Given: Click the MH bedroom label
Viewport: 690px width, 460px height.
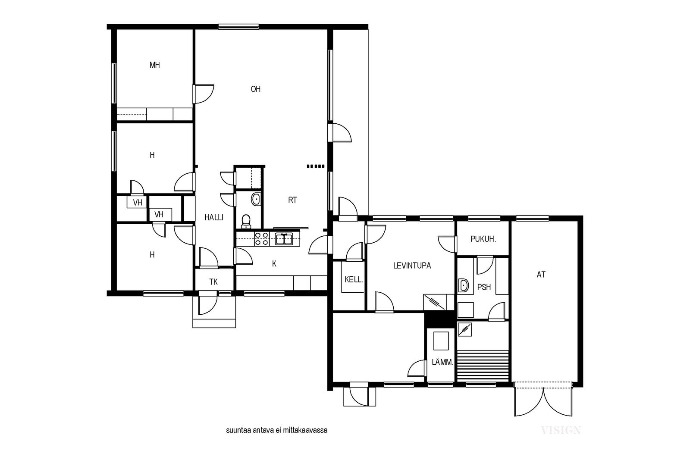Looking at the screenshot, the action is pyautogui.click(x=155, y=65).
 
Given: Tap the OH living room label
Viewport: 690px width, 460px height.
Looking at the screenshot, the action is pyautogui.click(x=255, y=89).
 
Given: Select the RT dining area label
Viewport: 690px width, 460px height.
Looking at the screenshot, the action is pyautogui.click(x=292, y=200).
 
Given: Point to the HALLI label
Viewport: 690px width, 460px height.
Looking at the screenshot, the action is pyautogui.click(x=214, y=217).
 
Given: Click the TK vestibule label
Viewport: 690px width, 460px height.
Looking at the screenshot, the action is pyautogui.click(x=213, y=282).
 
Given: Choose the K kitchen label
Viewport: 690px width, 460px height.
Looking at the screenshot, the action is pyautogui.click(x=274, y=263).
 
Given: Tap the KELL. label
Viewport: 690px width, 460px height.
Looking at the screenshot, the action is pyautogui.click(x=354, y=279).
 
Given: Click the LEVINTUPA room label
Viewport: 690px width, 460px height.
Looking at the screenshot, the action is pyautogui.click(x=412, y=266).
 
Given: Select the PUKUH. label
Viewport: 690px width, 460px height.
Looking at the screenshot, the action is pyautogui.click(x=483, y=239).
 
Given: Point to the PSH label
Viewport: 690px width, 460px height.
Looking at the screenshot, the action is pyautogui.click(x=484, y=287).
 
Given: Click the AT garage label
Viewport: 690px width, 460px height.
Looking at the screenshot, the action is pyautogui.click(x=541, y=274).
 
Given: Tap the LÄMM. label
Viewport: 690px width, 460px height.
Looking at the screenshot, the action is pyautogui.click(x=442, y=362).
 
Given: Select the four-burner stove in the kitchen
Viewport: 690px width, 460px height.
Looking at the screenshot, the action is pyautogui.click(x=261, y=239).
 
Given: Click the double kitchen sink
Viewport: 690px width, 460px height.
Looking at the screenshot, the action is pyautogui.click(x=284, y=239).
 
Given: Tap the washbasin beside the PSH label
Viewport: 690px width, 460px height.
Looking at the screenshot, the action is pyautogui.click(x=463, y=285).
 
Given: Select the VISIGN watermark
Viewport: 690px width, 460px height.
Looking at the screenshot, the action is pyautogui.click(x=561, y=430).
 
